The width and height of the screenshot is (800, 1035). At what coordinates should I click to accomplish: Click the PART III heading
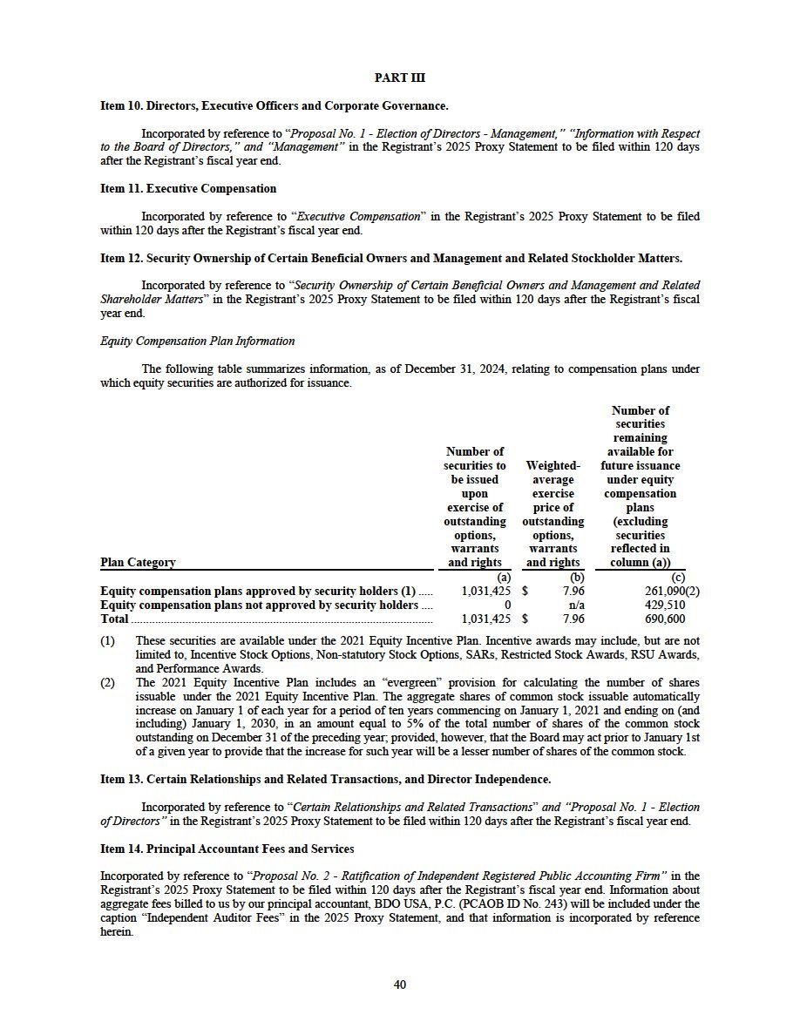[400, 78]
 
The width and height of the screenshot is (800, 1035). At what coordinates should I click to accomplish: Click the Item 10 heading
[274, 106]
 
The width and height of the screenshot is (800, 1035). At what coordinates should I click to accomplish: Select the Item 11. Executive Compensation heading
[188, 188]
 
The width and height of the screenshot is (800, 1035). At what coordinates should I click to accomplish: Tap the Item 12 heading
[391, 258]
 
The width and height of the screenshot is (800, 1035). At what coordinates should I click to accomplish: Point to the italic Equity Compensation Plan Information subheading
[198, 341]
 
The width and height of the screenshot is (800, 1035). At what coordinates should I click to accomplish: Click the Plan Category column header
[138, 563]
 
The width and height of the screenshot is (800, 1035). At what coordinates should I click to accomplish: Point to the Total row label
[114, 619]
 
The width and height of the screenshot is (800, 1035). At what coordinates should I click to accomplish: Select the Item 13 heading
[325, 779]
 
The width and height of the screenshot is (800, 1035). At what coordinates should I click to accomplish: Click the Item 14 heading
[227, 848]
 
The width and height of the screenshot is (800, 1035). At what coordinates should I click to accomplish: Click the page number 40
[400, 984]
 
